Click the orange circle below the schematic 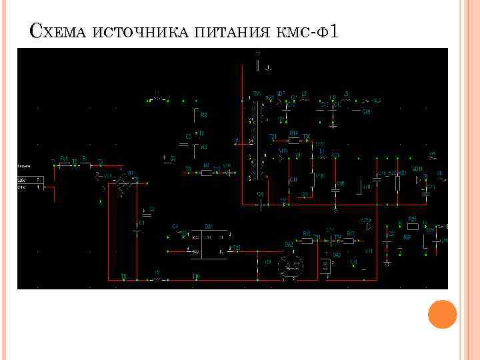pyautogui.click(x=441, y=313)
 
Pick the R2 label pyautogui.click(x=204, y=115)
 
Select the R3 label pyautogui.click(x=204, y=147)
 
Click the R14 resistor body pyautogui.click(x=294, y=140)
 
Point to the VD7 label pyautogui.click(x=281, y=93)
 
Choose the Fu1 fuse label pyautogui.click(x=64, y=158)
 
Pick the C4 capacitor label pyautogui.click(x=175, y=227)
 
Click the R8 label pyautogui.click(x=206, y=165)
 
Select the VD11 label pyautogui.click(x=417, y=168)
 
